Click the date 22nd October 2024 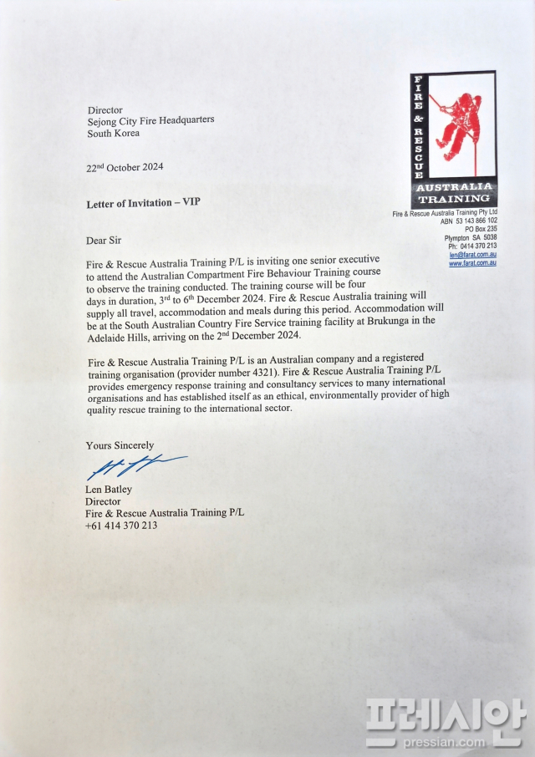point(125,167)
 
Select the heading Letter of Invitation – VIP point(143,203)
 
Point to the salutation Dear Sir point(104,241)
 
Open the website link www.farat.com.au point(472,263)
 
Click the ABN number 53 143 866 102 point(476,221)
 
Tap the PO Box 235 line point(481,229)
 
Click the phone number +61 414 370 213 point(121,526)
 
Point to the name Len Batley point(109,490)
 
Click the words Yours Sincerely point(120,445)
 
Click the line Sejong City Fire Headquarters point(150,120)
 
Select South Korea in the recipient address point(113,133)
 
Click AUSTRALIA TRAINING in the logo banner point(455,193)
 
